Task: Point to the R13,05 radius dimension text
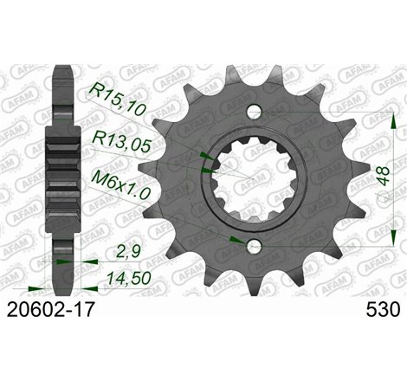click(x=120, y=138)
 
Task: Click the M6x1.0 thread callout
click(x=121, y=182)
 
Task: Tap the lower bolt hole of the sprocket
click(x=253, y=247)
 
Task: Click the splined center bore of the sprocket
click(x=253, y=179)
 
